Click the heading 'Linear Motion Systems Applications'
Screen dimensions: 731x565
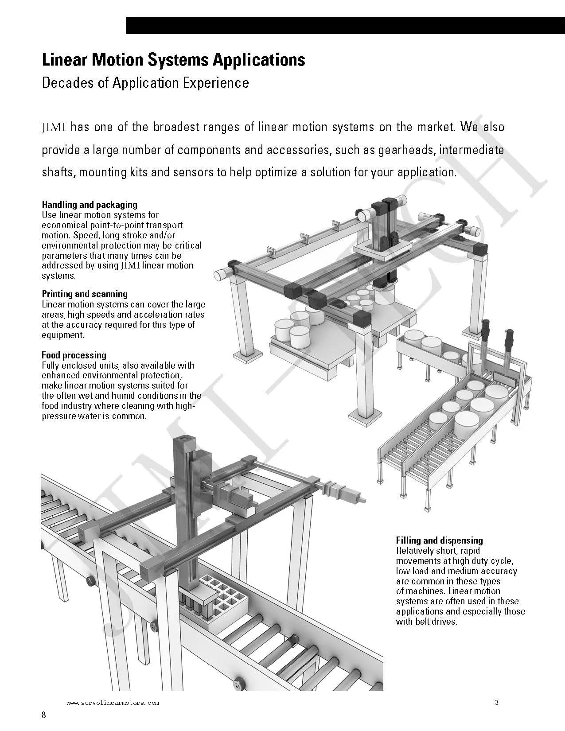pos(173,60)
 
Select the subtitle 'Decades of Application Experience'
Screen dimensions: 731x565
pos(145,83)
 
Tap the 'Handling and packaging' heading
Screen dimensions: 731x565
pos(90,205)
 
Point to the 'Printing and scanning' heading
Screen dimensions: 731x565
pos(85,294)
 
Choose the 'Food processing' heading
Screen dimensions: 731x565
pos(74,355)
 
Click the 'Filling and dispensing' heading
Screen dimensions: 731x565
pos(439,540)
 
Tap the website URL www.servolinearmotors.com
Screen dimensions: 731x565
pos(113,703)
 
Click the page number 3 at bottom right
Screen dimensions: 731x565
pos(497,702)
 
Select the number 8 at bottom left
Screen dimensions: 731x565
pos(44,715)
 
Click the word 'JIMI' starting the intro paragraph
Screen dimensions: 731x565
pos(54,128)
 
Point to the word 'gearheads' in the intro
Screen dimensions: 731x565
pos(406,150)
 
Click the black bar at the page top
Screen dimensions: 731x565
pos(345,26)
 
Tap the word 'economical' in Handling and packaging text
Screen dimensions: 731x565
pos(64,225)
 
